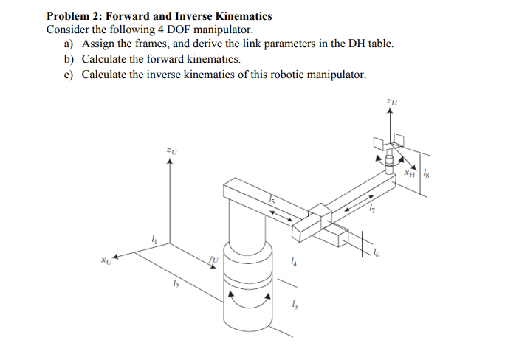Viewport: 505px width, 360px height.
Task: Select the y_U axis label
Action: (213, 258)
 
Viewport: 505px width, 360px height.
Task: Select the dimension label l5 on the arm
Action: (272, 200)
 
